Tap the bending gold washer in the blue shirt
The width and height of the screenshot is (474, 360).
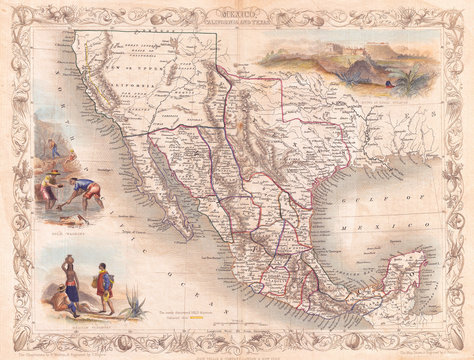pyautogui.click(x=85, y=190)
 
